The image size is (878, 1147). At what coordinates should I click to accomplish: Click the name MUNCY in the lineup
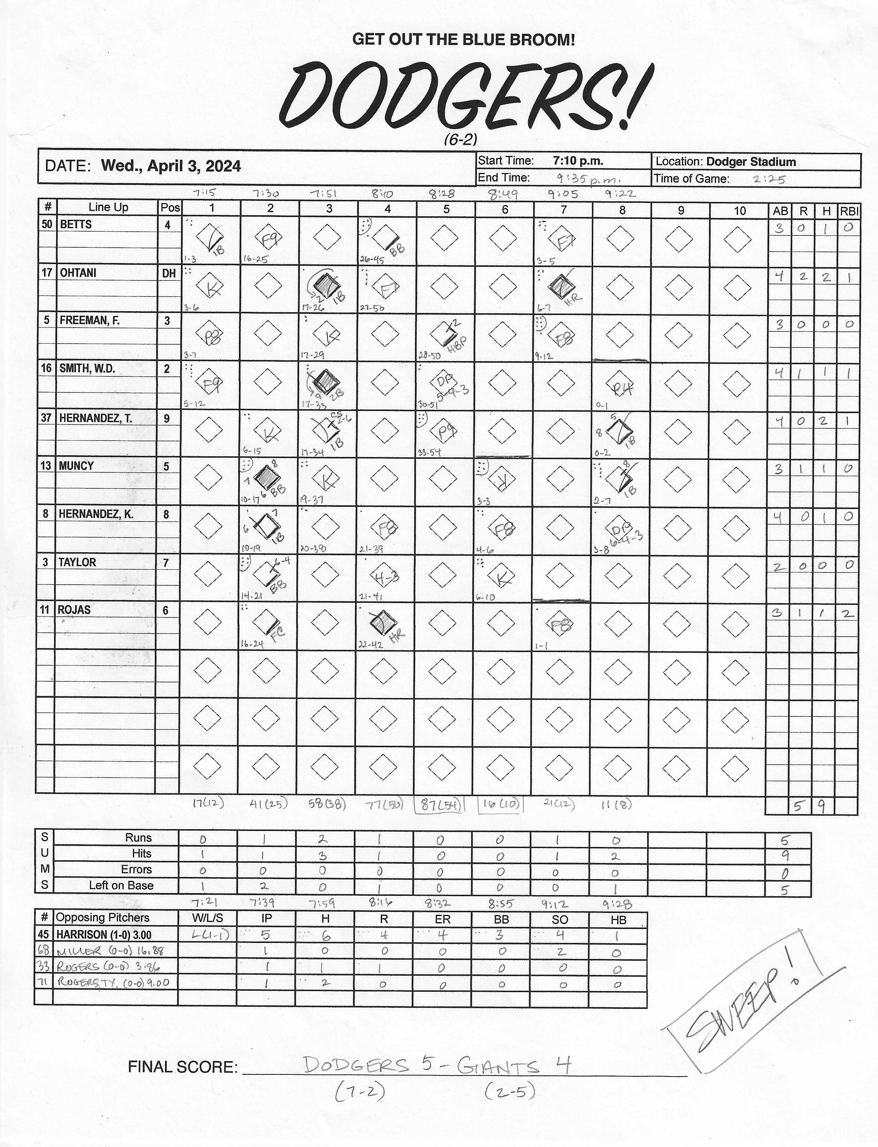76,466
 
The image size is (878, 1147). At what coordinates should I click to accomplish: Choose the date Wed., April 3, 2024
171,166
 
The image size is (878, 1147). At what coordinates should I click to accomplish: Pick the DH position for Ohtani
168,273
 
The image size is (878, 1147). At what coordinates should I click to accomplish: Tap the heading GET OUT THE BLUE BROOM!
463,39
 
